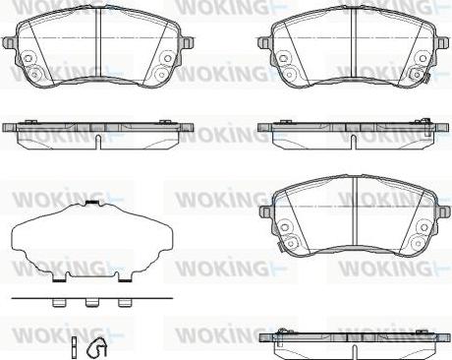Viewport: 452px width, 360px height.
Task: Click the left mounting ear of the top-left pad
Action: (9, 43)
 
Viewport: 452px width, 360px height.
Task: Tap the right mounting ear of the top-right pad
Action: (442, 42)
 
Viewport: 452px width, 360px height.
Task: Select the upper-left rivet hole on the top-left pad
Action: (28, 58)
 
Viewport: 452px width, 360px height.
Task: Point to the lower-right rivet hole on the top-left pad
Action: (161, 74)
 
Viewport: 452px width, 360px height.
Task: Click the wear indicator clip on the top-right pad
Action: (425, 79)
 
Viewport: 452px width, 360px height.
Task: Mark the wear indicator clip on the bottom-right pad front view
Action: (278, 247)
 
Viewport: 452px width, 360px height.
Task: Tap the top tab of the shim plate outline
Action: (93, 203)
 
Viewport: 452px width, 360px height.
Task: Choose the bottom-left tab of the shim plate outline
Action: (59, 278)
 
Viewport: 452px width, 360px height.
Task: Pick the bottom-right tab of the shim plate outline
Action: (125, 278)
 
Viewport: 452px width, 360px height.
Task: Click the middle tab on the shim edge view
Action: (91, 303)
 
